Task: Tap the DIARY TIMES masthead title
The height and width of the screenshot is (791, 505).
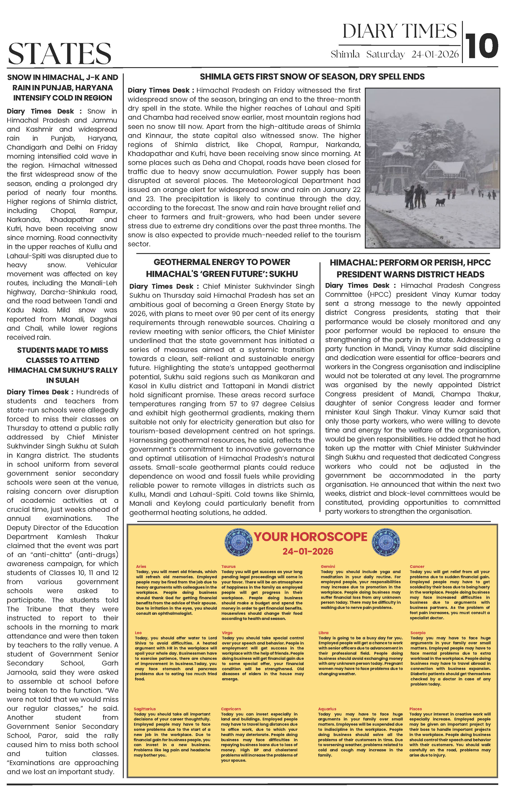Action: click(400, 32)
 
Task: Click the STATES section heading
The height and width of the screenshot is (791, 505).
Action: click(60, 54)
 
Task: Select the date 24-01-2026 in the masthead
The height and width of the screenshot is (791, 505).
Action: click(435, 54)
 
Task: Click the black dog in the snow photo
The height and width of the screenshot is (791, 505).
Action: click(441, 202)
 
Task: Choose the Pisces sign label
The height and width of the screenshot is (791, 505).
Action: click(415, 709)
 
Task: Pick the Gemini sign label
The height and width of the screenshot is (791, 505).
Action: click(328, 566)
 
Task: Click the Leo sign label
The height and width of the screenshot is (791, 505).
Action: click(138, 633)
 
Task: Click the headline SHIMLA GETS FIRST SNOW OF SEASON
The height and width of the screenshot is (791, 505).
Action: click(312, 77)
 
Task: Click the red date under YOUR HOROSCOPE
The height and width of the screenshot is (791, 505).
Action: click(308, 551)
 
